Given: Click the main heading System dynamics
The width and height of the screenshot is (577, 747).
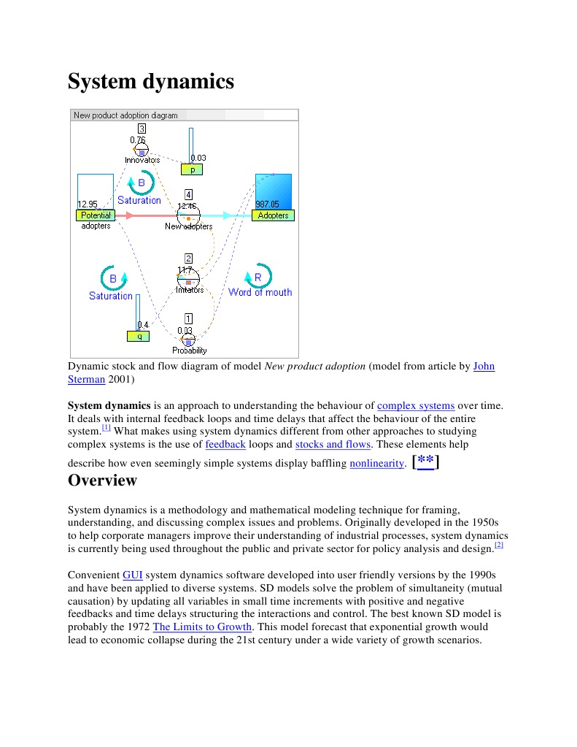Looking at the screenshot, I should pos(151,81).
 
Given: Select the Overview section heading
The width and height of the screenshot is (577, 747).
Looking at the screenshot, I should pos(102,480).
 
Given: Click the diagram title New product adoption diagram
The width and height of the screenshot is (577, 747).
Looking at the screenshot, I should pos(125,115).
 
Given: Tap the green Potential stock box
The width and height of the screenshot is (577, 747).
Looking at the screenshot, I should pos(96,215).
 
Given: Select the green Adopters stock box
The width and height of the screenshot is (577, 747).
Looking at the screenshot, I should pos(273,215).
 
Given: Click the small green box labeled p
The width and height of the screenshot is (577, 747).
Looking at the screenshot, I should pos(192,169).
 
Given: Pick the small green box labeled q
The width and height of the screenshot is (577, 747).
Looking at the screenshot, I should pos(138,336).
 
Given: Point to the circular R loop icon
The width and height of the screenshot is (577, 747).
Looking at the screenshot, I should pos(257,277).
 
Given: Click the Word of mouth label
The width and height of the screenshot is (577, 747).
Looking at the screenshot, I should pos(260,292).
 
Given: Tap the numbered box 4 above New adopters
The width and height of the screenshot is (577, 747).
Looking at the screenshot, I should pos(189,195).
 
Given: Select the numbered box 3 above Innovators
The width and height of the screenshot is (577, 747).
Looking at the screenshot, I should pos(142,129).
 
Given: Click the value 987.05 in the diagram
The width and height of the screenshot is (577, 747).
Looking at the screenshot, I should pos(267,204).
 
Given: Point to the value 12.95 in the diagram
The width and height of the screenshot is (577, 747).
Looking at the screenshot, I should pos(88,204).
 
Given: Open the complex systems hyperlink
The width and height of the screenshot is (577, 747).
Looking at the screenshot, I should pos(416,405).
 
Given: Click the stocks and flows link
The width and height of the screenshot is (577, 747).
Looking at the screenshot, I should pos(334,444).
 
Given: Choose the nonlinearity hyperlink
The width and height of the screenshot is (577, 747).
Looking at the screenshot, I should pos(376,464).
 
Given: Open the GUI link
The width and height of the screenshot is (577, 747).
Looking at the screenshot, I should pos(133,575).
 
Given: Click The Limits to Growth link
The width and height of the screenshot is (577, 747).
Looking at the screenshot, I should pos(203,627).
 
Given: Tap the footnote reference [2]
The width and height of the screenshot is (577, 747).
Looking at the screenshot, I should pos(499,545).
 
